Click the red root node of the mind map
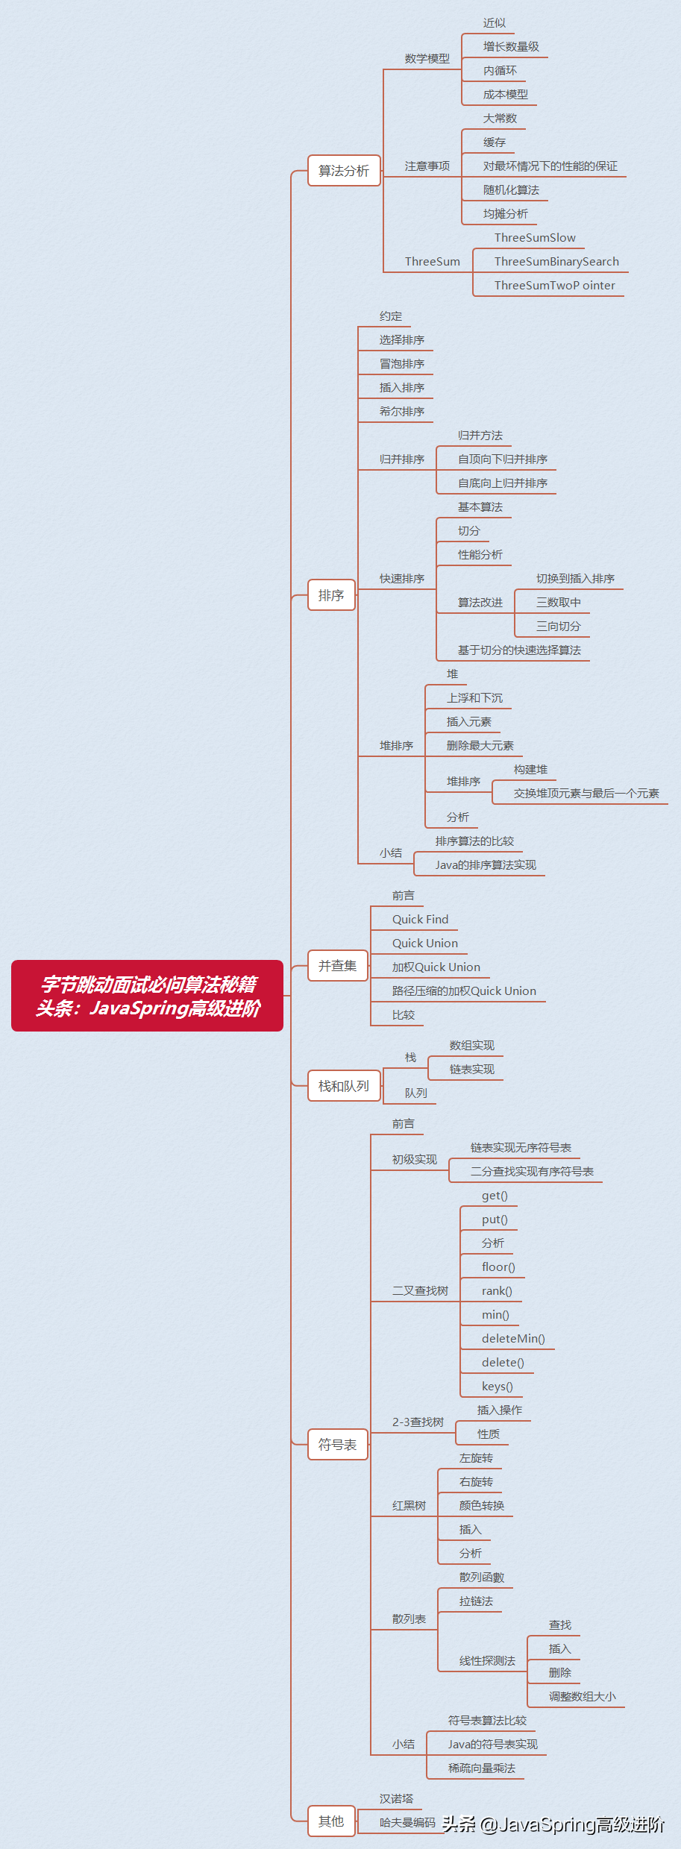tap(147, 996)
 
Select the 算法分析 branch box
tap(344, 171)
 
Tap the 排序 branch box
tap(331, 595)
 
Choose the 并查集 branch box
tap(337, 966)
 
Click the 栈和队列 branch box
tap(344, 1086)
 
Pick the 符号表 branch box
tap(337, 1445)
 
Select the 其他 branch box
tap(331, 1821)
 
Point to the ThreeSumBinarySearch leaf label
tap(556, 262)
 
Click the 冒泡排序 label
tap(402, 364)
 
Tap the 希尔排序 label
tap(402, 412)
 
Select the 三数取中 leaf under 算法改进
tap(558, 603)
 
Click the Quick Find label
tap(421, 920)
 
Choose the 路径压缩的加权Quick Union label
tap(464, 991)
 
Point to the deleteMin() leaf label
tap(513, 1339)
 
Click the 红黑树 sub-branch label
tap(409, 1506)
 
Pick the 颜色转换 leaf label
tap(482, 1506)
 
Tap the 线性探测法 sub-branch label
tap(487, 1661)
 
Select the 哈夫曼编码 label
tap(407, 1823)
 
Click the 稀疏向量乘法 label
tap(482, 1768)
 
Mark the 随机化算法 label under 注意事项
tap(511, 190)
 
